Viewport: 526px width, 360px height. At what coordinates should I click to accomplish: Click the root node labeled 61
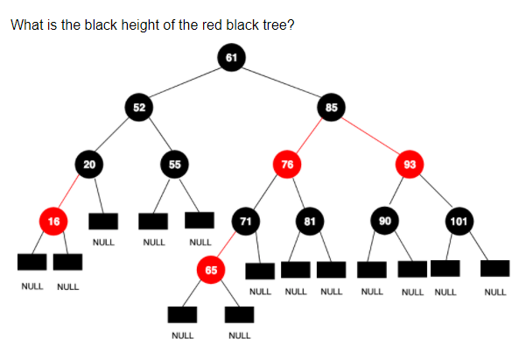230,57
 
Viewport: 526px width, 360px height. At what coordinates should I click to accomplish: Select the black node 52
138,108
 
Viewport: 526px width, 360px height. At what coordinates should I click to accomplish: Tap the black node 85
330,108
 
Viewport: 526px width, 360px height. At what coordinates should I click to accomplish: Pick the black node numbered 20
88,163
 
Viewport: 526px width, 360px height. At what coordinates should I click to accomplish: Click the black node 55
174,163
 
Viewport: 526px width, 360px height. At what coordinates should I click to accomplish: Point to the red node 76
285,163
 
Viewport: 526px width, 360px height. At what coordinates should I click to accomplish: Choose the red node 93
410,163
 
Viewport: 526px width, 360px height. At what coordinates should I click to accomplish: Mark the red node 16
53,221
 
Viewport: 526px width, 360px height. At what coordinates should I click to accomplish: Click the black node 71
246,221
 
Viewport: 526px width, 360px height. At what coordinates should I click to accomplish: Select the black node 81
308,221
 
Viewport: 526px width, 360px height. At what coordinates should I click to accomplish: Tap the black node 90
383,221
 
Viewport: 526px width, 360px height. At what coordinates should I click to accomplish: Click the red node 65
211,270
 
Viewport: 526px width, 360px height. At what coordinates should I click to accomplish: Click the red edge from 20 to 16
71,192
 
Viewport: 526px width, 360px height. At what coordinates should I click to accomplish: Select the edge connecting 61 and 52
185,82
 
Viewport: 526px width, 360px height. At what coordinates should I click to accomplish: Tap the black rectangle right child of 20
102,222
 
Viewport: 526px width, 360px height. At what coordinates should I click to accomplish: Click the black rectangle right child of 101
494,268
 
